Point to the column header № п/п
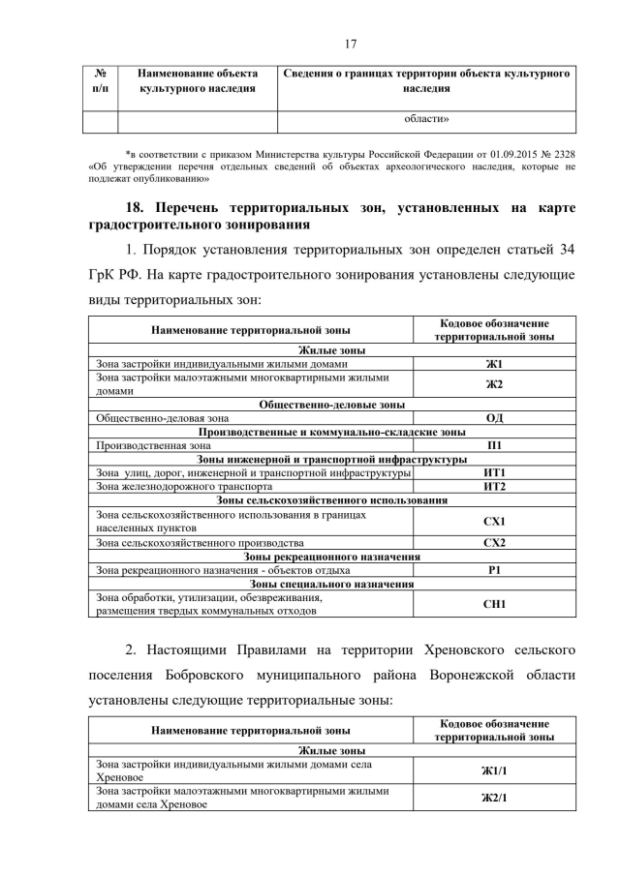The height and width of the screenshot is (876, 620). (100, 81)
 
